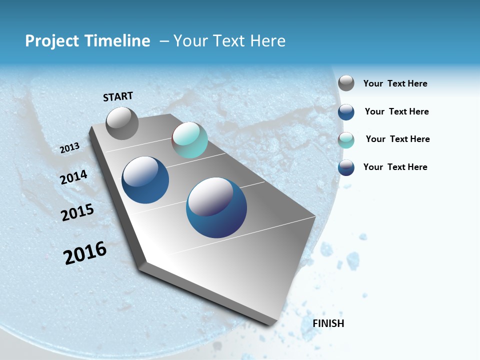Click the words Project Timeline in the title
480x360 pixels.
pos(87,41)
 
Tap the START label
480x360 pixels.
pos(118,96)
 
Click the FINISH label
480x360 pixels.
pos(328,323)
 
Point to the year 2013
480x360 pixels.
pos(69,147)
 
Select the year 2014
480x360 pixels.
pos(73,177)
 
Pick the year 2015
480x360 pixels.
pos(77,212)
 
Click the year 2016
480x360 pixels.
pos(85,253)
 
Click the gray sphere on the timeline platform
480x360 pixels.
pos(122,123)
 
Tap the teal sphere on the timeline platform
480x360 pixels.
pos(189,140)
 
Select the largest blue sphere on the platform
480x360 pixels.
pos(216,207)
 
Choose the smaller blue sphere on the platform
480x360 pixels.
pos(145,180)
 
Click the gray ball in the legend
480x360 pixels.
pos(346,83)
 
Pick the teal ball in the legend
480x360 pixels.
pos(346,140)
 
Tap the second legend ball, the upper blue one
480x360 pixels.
pos(346,112)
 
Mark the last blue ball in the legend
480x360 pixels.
pos(346,167)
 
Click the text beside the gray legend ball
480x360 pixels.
pos(395,83)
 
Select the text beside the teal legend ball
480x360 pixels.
pos(397,139)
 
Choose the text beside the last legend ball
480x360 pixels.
pos(395,167)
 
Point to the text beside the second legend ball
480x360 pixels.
pos(396,111)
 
